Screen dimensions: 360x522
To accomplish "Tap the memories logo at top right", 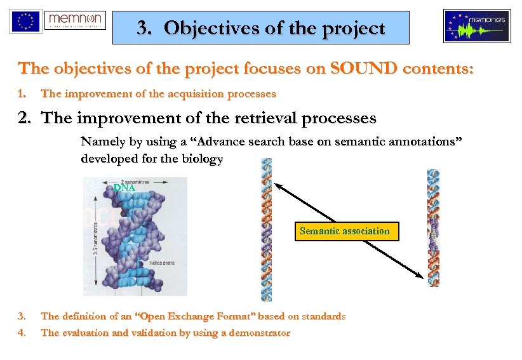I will click(x=476, y=26).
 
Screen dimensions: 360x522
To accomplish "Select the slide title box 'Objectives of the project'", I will click(x=261, y=28).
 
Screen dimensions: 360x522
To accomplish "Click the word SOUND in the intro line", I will click(x=361, y=69).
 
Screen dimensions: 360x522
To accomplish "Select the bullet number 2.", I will click(x=25, y=118).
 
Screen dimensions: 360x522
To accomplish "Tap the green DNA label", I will click(x=124, y=188).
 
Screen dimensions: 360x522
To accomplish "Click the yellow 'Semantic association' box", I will click(x=345, y=231).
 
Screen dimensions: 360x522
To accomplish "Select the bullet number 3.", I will click(x=22, y=316).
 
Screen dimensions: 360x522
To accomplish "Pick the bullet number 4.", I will click(x=22, y=333).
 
